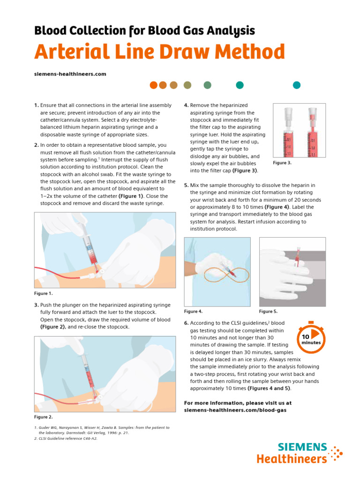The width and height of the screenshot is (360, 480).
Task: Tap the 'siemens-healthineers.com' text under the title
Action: pyautogui.click(x=70, y=74)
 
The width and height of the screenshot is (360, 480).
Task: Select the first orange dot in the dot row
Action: pyautogui.click(x=153, y=85)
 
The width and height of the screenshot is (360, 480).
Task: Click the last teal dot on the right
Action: pyautogui.click(x=296, y=85)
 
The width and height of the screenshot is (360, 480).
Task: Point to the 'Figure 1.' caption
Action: pyautogui.click(x=44, y=293)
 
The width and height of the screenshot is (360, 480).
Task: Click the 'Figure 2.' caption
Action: pyautogui.click(x=44, y=417)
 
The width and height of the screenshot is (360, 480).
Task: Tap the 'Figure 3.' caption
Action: pyautogui.click(x=282, y=163)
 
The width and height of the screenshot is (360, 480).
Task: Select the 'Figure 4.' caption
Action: pyautogui.click(x=194, y=311)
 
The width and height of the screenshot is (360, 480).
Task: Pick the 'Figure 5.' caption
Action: pyautogui.click(x=269, y=311)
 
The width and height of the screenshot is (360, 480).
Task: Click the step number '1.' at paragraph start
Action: pyautogui.click(x=37, y=105)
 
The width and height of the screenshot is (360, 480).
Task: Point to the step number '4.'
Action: pyautogui.click(x=187, y=105)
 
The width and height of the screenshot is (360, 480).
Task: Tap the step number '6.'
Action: pyautogui.click(x=187, y=323)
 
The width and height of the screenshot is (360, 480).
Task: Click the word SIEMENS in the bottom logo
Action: pyautogui.click(x=302, y=447)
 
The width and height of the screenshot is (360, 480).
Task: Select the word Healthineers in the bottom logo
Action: pyautogui.click(x=292, y=459)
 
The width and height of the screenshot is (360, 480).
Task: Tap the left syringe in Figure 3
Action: pyautogui.click(x=288, y=134)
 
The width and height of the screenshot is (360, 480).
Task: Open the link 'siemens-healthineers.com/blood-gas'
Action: pyautogui.click(x=235, y=410)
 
